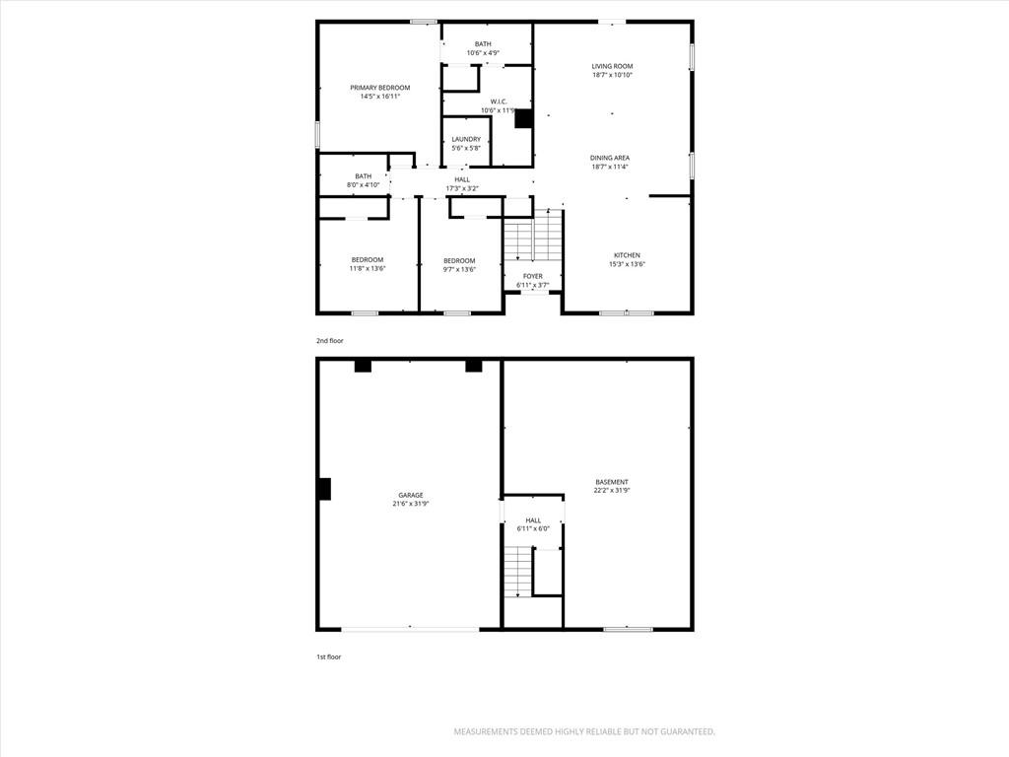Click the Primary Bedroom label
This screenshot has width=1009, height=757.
[379, 88]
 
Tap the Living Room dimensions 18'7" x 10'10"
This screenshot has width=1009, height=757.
[612, 75]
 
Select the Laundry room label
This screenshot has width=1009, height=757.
[466, 139]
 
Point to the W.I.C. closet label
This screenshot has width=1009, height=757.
[499, 102]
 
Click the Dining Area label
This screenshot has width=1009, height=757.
[610, 158]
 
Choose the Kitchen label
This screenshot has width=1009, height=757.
[627, 255]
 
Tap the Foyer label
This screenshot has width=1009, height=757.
[533, 276]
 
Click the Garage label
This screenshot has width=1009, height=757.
[411, 495]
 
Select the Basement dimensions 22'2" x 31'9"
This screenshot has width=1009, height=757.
[611, 490]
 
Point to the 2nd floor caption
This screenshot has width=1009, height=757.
[329, 340]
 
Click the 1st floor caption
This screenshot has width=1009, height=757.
[328, 657]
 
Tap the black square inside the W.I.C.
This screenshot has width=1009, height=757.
[523, 118]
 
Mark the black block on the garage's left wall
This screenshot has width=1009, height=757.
[324, 489]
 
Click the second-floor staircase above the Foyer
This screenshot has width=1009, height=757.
[533, 236]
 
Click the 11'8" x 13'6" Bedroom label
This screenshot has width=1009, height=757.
[368, 260]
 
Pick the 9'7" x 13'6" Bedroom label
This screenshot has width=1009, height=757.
[459, 260]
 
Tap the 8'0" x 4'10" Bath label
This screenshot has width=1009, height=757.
[363, 176]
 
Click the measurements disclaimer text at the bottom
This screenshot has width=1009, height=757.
[584, 732]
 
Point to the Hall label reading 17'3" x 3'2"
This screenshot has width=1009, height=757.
[462, 179]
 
